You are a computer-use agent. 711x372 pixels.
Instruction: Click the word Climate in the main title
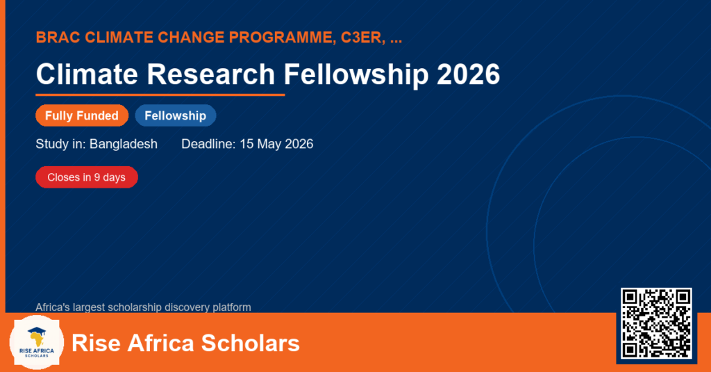(x=87, y=74)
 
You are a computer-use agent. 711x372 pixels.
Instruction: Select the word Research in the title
(x=211, y=74)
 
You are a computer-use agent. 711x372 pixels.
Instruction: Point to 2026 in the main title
(x=469, y=74)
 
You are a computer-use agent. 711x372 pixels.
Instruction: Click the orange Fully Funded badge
(x=82, y=115)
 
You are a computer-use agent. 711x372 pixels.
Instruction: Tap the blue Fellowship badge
(x=176, y=115)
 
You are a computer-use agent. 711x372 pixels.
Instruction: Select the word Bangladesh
(x=124, y=144)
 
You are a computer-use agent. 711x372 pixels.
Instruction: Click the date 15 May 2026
(x=276, y=144)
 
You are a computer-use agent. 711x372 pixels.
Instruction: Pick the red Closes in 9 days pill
(x=87, y=177)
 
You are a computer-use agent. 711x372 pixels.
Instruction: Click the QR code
(x=656, y=323)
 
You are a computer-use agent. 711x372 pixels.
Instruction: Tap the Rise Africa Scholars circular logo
(x=37, y=343)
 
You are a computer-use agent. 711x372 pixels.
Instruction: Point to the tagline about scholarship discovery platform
(x=143, y=307)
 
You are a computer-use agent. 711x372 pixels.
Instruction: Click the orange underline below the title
(x=160, y=95)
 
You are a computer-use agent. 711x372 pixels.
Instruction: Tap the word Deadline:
(x=208, y=144)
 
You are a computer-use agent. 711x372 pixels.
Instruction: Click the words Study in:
(x=61, y=144)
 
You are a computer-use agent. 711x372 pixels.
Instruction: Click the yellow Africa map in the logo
(x=37, y=339)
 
